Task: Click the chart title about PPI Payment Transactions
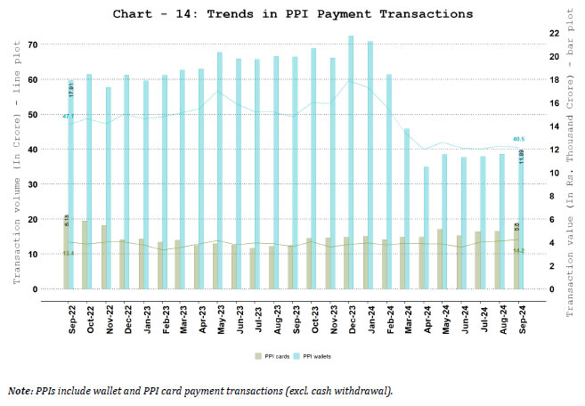point(293,14)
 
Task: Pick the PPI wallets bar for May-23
point(219,169)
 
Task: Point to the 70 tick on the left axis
point(34,45)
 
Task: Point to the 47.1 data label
point(69,117)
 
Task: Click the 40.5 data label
point(518,139)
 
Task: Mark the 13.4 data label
point(69,254)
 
